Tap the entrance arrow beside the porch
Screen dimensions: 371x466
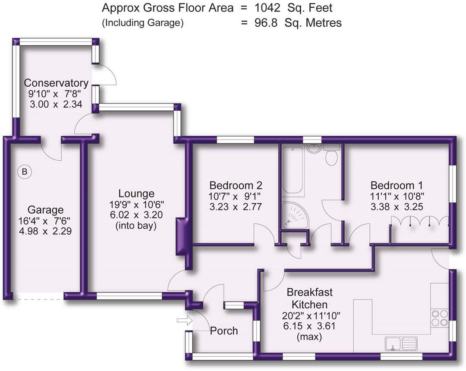pyautogui.click(x=183, y=320)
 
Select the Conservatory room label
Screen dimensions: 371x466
pyautogui.click(x=56, y=83)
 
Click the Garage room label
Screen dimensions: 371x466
pyautogui.click(x=45, y=210)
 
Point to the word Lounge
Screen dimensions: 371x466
pyautogui.click(x=136, y=193)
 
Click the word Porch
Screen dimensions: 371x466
pyautogui.click(x=224, y=331)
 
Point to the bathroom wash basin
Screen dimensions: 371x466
pyautogui.click(x=314, y=149)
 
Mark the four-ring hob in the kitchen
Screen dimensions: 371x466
pyautogui.click(x=439, y=318)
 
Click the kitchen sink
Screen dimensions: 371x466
pyautogui.click(x=401, y=343)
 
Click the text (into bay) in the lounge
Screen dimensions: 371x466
pyautogui.click(x=136, y=225)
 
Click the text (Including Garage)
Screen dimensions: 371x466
pyautogui.click(x=142, y=23)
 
